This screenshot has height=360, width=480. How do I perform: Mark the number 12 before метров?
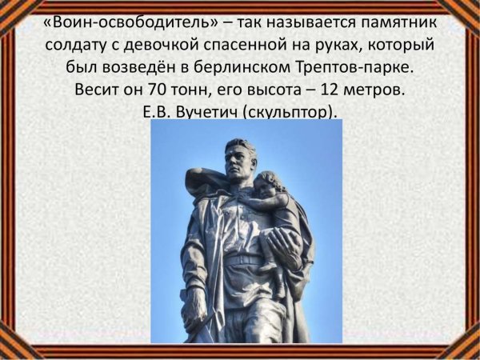pos(331,90)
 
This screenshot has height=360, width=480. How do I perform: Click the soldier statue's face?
pos(240,162)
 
